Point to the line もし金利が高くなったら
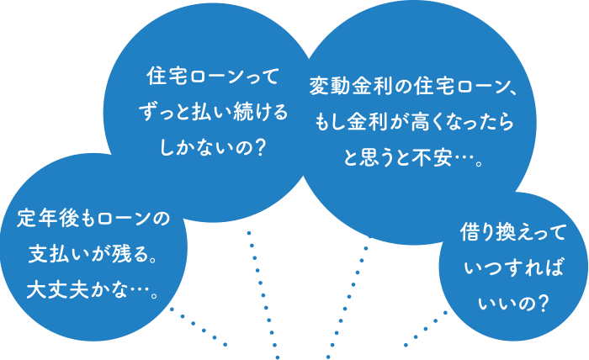(414, 122)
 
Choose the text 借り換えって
(513, 231)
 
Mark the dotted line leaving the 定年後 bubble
(199, 326)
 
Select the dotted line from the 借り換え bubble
(426, 328)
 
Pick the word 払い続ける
(238, 114)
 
